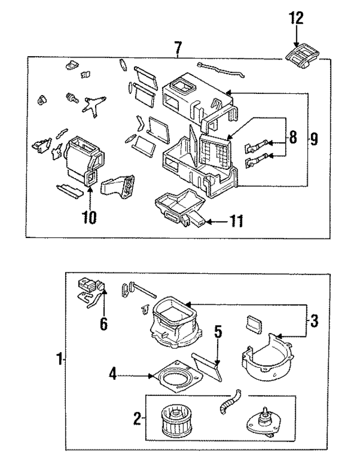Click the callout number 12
[296, 19]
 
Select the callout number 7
[178, 48]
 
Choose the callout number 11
[236, 222]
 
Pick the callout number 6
[104, 324]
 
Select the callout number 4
[114, 373]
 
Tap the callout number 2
[137, 418]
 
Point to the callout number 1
[58, 359]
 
